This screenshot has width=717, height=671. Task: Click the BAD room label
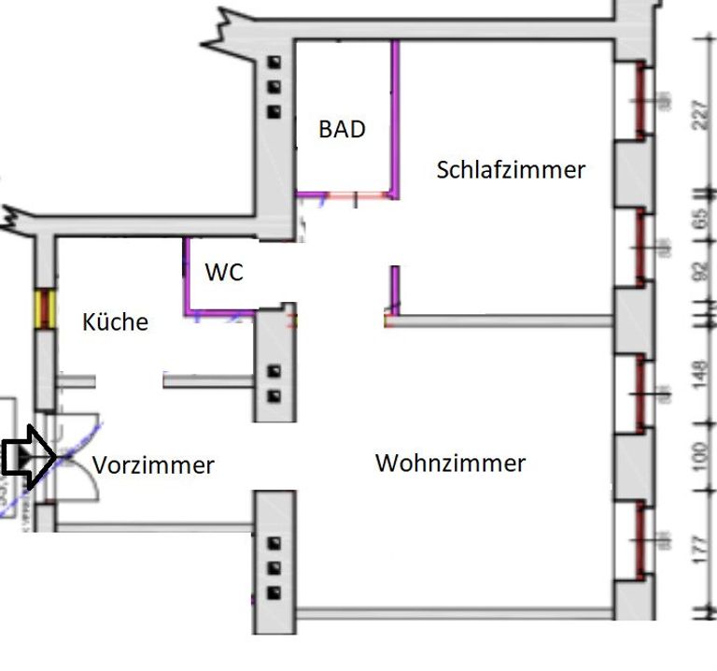(342, 129)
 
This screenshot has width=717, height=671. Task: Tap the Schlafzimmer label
(511, 170)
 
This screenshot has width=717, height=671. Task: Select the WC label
(224, 273)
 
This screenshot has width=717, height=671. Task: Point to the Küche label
(116, 322)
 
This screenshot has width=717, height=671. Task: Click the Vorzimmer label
(153, 465)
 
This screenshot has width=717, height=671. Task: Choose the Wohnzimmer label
(450, 463)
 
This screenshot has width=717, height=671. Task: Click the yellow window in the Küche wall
(42, 308)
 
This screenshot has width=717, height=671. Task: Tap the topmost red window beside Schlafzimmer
(640, 101)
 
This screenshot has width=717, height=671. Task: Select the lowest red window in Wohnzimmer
(640, 536)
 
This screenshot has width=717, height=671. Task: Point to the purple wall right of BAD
(395, 117)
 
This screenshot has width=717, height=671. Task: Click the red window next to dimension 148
(640, 393)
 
